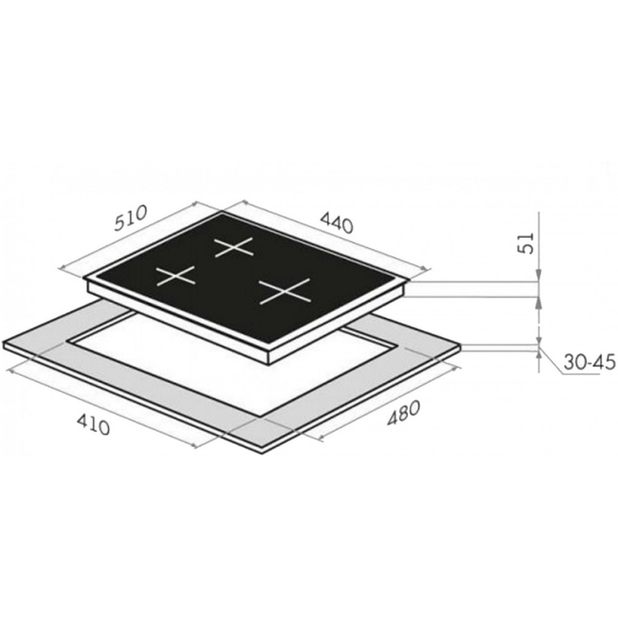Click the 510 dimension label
[130, 218]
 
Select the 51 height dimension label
[526, 243]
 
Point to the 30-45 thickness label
[589, 363]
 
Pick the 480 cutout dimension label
[402, 413]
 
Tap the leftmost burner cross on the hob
[176, 275]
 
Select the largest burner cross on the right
[284, 291]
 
